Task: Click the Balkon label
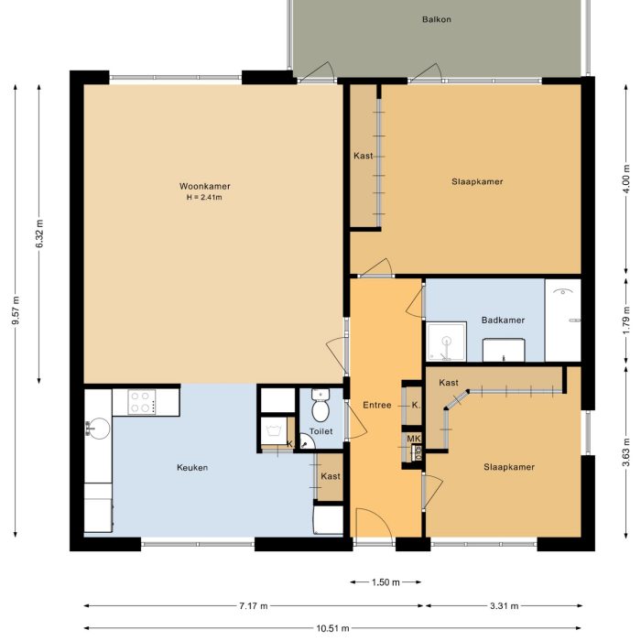click(437, 19)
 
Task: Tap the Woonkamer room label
click(205, 187)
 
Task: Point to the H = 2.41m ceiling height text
click(205, 198)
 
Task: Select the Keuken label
click(192, 468)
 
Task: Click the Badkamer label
click(503, 320)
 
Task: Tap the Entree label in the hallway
click(376, 406)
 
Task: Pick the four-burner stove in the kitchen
click(142, 401)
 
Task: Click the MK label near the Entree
click(414, 440)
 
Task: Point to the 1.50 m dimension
click(386, 581)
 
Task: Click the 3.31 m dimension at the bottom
click(504, 606)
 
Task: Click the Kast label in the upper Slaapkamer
click(363, 157)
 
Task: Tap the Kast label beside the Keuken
click(330, 476)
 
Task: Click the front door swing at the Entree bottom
click(373, 526)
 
